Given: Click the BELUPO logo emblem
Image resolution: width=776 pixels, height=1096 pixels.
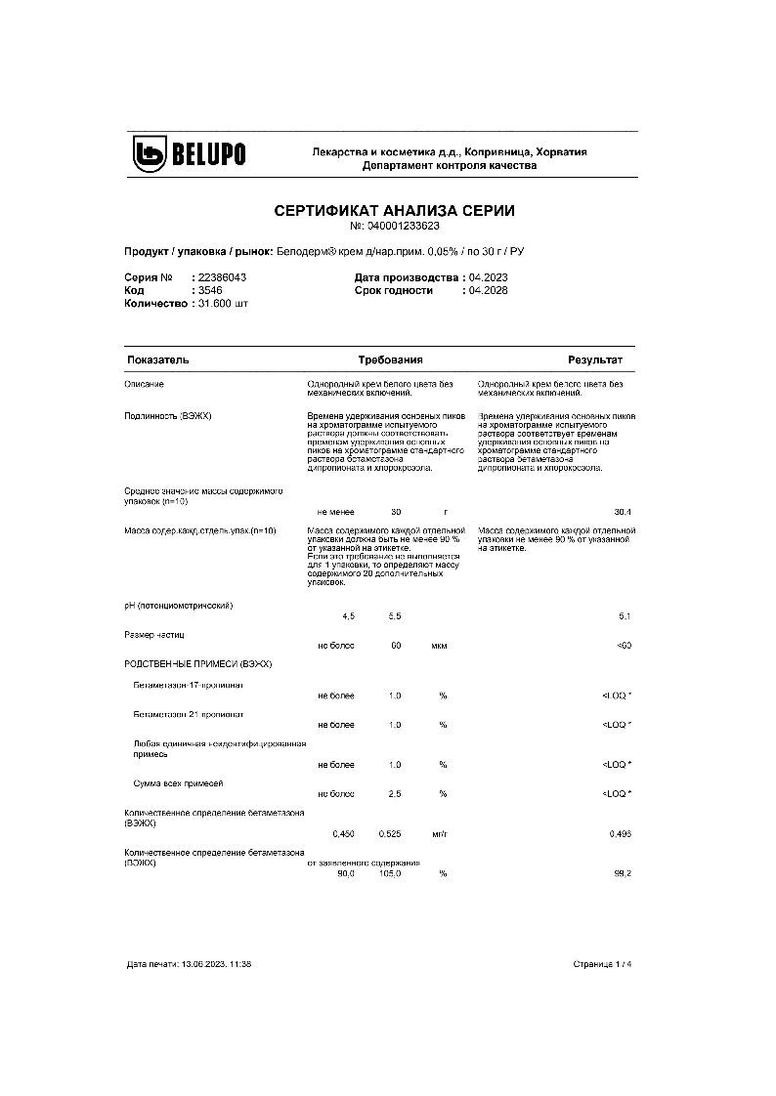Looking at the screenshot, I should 152,154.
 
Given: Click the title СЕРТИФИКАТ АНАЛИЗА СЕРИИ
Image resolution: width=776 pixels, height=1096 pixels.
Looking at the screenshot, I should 394,210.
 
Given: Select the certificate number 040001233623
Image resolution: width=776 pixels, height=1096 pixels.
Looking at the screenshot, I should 403,226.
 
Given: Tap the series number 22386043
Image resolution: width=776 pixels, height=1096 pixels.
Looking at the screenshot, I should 220,277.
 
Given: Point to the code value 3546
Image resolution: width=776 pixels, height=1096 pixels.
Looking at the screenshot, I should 209,290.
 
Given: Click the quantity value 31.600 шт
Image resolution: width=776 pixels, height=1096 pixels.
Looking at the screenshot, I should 222,304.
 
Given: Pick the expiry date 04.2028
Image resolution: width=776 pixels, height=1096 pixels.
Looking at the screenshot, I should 489,290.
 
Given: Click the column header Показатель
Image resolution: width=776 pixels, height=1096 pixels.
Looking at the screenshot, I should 157,360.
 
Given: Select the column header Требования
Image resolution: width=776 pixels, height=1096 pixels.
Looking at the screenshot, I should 390,360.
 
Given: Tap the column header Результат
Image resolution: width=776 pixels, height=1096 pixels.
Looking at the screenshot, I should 595,360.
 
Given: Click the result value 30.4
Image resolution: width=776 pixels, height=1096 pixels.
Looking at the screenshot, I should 622,512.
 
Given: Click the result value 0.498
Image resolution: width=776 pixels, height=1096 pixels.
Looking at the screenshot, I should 620,833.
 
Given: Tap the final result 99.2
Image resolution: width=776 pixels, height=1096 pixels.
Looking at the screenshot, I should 623,873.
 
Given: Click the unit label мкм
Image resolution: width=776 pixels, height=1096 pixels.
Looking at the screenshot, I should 438,646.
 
